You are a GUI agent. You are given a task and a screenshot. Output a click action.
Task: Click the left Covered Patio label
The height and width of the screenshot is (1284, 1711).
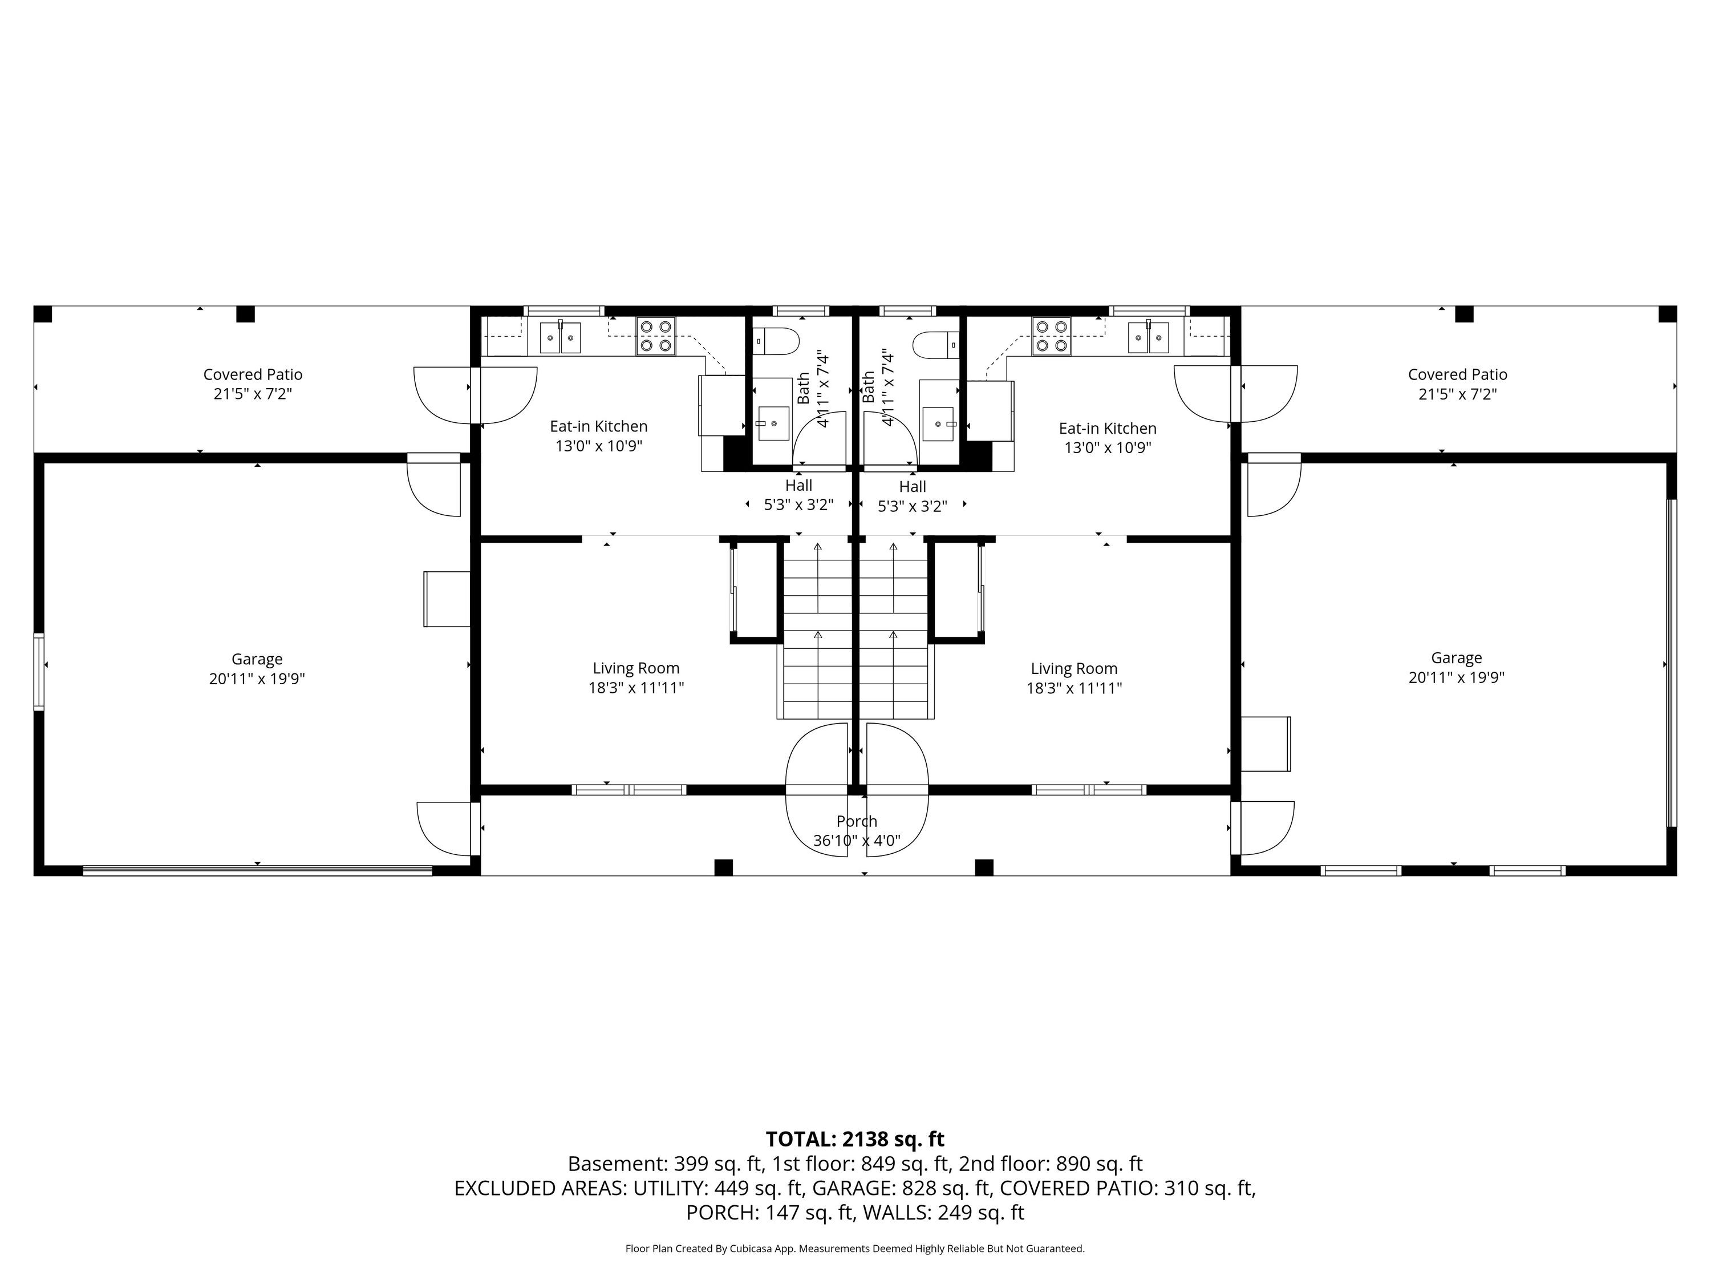(x=253, y=374)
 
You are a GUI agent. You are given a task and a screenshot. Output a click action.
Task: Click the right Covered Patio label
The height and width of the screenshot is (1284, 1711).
(x=1457, y=374)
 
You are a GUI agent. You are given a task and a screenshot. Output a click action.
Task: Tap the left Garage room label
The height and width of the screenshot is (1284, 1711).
(x=257, y=660)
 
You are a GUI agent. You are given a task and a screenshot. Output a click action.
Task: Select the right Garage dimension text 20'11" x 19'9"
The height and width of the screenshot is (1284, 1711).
(x=1457, y=678)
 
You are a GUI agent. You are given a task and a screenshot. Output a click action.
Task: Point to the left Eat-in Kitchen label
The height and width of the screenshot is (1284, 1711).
(x=599, y=426)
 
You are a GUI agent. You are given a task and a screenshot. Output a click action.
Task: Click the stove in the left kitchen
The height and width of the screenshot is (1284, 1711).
(x=656, y=337)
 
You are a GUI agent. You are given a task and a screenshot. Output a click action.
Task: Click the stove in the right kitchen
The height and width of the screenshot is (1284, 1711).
(x=1052, y=337)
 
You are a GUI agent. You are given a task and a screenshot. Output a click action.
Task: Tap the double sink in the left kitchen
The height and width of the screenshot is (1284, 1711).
(x=560, y=337)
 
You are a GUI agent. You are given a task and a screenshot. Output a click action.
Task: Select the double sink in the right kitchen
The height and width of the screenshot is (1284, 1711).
(x=1149, y=337)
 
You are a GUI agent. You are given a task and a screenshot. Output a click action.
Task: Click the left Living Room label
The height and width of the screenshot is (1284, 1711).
(x=636, y=669)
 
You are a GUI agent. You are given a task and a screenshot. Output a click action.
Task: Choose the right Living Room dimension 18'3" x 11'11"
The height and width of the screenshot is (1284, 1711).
(x=1073, y=688)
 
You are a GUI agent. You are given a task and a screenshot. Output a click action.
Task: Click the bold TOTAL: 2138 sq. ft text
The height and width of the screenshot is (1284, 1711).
(x=855, y=1139)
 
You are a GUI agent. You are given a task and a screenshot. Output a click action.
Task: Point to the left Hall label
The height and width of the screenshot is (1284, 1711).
(x=799, y=485)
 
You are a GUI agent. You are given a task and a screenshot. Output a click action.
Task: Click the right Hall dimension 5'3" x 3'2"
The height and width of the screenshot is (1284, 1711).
(x=913, y=506)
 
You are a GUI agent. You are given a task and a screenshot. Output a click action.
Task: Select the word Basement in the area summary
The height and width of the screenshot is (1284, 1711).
(x=617, y=1164)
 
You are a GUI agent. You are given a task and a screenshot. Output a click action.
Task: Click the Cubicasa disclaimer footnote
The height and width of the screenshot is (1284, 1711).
(x=855, y=1249)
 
